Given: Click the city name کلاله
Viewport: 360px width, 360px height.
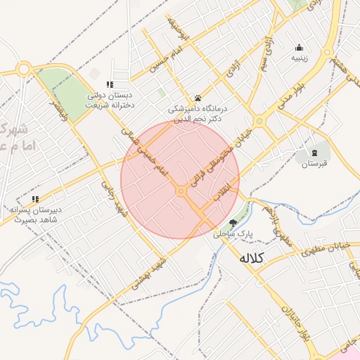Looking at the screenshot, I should click(x=251, y=258).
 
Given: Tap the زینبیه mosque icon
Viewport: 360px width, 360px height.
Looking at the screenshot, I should click(x=300, y=48).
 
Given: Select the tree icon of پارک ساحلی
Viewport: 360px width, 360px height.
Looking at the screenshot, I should click(x=233, y=222).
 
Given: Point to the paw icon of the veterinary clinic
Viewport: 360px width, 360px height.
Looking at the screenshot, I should click(x=198, y=98).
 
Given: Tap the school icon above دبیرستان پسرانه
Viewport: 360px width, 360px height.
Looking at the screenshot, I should click(x=35, y=199).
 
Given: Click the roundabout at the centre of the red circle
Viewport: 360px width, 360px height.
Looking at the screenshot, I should click(x=181, y=191).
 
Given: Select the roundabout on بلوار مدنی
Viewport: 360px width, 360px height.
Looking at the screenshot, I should click(x=259, y=122).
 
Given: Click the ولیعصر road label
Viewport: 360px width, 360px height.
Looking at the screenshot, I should click(x=59, y=110).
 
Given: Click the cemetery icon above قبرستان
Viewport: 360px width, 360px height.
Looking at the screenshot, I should click(x=314, y=152).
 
